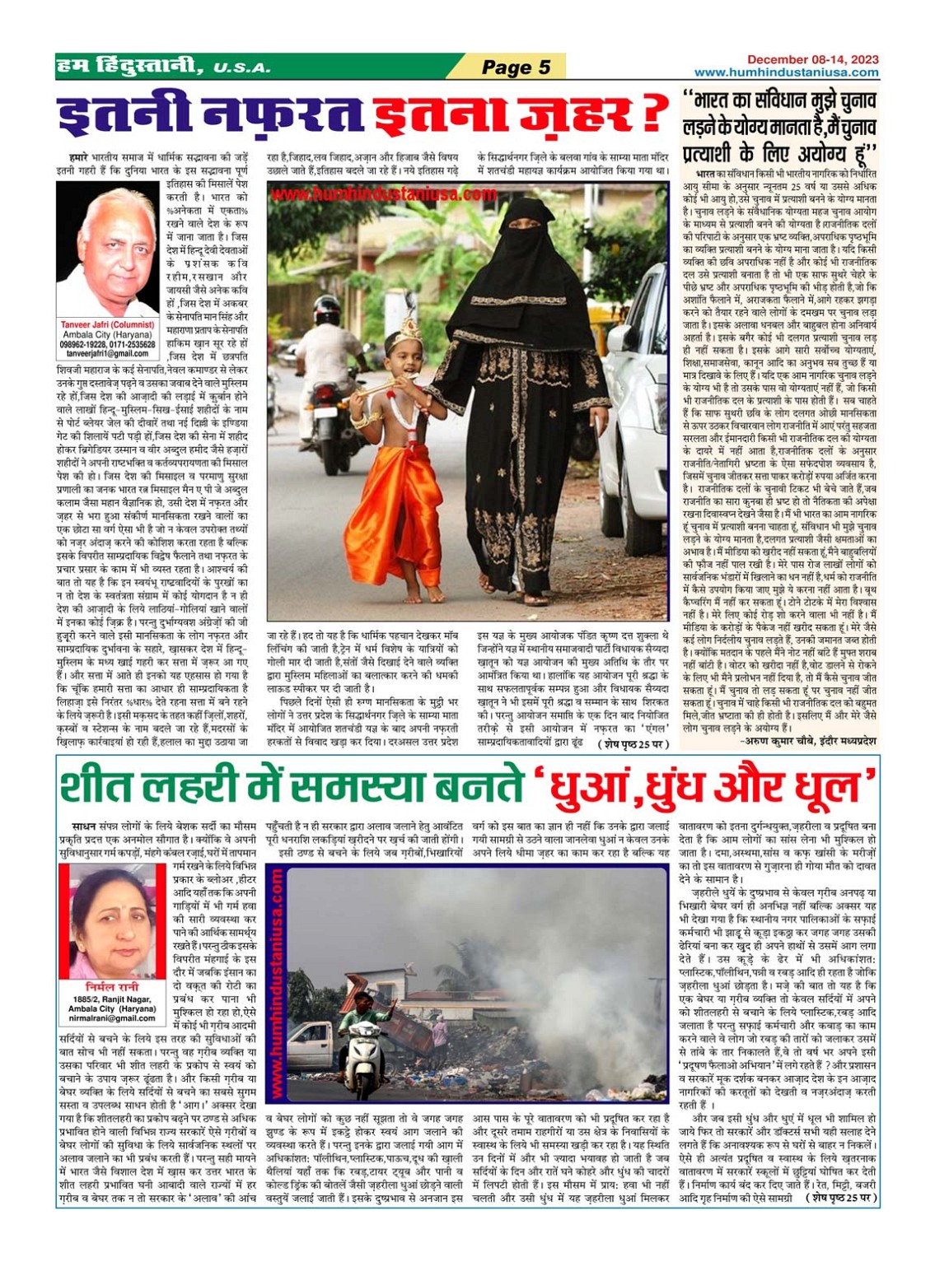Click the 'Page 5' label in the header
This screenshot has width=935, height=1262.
516,68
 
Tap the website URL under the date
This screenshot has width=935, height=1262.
786,72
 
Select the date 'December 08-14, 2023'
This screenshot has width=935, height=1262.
812,59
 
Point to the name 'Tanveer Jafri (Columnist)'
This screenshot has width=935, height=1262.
107,324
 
